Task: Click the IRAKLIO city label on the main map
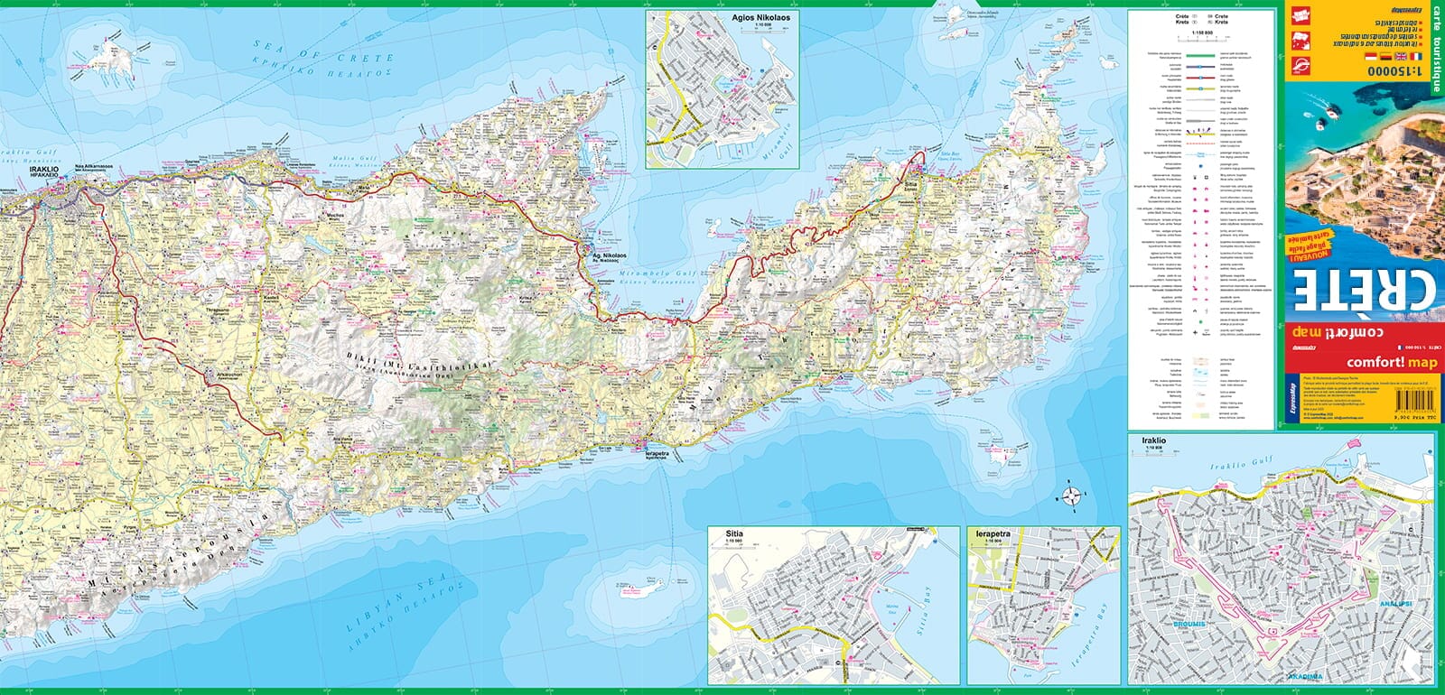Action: tap(44, 169)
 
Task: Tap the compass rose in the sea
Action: tap(1071, 496)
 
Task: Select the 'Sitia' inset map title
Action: tap(733, 534)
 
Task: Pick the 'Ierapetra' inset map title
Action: tap(992, 534)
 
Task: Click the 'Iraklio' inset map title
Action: tap(1153, 440)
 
